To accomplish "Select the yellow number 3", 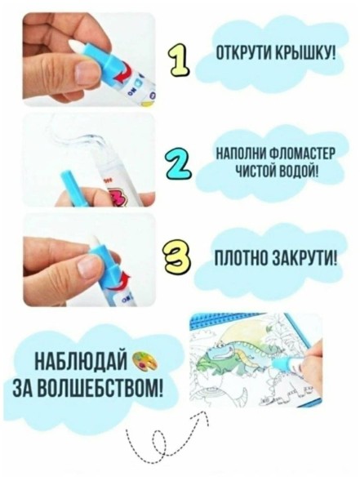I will tap(178, 258).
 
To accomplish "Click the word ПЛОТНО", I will tap(238, 259).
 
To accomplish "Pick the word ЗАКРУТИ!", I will tap(300, 259).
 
